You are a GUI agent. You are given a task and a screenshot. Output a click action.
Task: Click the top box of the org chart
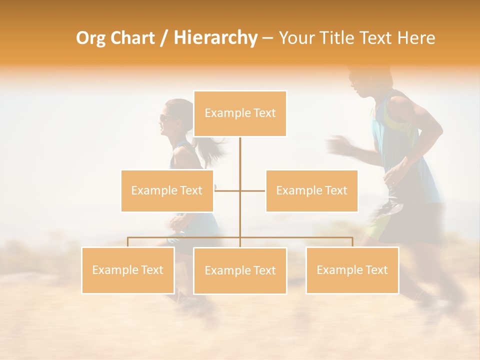point(240,113)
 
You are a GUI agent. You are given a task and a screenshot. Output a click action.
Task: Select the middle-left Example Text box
point(167,190)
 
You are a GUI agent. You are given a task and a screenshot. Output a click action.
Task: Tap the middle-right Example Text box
point(311,190)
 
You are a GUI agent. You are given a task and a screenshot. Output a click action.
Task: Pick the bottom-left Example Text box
point(128,270)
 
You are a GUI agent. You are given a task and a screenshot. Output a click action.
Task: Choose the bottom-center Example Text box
point(240,270)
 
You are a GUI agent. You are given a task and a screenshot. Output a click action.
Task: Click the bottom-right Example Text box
point(352,270)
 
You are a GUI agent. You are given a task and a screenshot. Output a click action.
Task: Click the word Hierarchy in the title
point(215,38)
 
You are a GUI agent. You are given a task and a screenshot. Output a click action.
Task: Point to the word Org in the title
point(91,38)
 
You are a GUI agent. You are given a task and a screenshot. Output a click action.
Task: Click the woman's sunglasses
point(164,118)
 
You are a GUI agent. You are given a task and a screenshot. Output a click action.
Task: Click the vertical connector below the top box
point(240,160)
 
